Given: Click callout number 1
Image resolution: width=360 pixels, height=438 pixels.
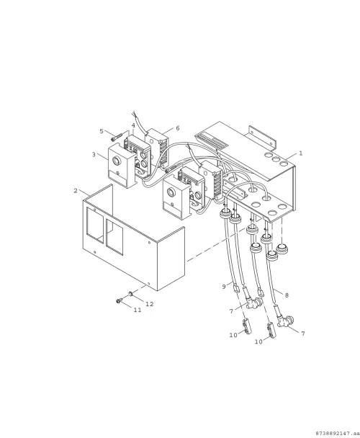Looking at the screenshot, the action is pyautogui.click(x=300, y=153).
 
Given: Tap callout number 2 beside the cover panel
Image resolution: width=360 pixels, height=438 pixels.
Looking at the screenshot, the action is pyautogui.click(x=76, y=190).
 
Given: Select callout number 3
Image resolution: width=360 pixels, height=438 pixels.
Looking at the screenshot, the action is pyautogui.click(x=94, y=154).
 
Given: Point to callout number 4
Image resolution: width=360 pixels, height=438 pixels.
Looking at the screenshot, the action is pyautogui.click(x=133, y=125).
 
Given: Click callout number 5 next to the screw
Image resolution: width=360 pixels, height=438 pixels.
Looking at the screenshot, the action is pyautogui.click(x=102, y=131).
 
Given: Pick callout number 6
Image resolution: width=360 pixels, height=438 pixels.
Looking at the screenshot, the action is pyautogui.click(x=178, y=128).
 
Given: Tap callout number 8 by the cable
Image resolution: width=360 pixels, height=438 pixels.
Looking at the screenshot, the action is pyautogui.click(x=287, y=295).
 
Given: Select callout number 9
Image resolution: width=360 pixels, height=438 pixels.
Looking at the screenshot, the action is pyautogui.click(x=224, y=287).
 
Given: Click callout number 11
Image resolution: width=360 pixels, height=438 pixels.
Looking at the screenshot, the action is pyautogui.click(x=137, y=310).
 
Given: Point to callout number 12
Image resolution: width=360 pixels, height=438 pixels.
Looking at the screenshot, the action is pyautogui.click(x=150, y=304).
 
